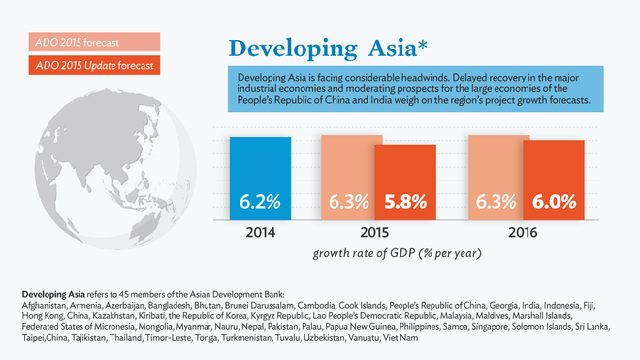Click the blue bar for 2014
coord(260,180)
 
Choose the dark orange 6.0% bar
coord(554,180)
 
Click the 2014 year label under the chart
coord(260,234)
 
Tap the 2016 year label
coord(525,234)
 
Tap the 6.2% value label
coord(260,204)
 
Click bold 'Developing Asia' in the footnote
coord(54,294)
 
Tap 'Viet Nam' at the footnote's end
coord(400,337)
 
